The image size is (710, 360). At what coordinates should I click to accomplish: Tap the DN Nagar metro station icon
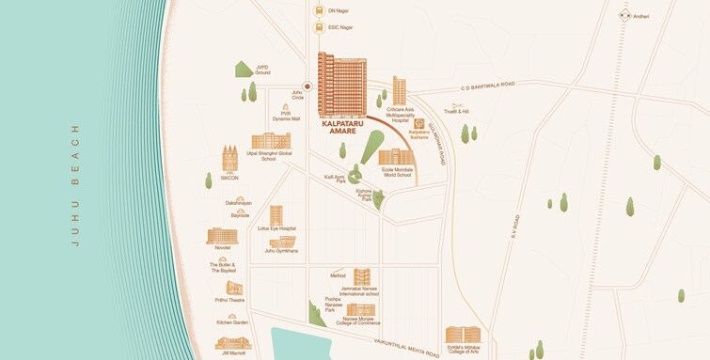click(320, 11)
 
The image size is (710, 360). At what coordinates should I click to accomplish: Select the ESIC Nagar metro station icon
click(320, 28)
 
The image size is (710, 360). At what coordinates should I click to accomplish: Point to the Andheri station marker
click(624, 16)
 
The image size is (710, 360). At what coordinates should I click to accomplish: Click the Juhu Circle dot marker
click(307, 86)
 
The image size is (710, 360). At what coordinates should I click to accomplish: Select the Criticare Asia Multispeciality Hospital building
click(400, 91)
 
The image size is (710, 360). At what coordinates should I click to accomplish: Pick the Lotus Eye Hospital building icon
click(276, 215)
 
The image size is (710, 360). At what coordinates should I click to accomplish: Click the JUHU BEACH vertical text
click(74, 184)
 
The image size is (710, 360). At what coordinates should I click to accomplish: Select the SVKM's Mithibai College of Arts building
click(463, 335)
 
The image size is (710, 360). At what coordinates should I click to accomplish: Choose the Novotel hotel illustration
click(222, 235)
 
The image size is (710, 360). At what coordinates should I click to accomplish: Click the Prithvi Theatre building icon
click(234, 288)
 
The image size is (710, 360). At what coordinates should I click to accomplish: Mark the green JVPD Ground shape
click(243, 68)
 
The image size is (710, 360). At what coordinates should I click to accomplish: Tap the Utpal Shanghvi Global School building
click(270, 141)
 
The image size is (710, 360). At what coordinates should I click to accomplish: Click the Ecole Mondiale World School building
click(396, 157)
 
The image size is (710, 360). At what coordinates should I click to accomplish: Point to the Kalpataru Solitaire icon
click(418, 124)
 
